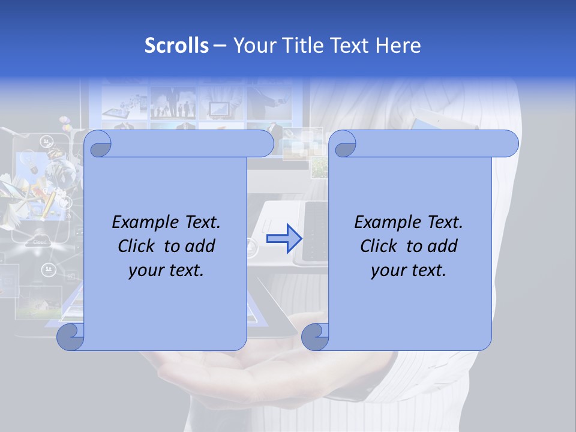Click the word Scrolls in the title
(176, 46)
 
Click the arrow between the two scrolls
(284, 239)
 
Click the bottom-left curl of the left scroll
(71, 337)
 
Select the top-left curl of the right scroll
(344, 145)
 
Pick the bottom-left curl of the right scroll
(315, 337)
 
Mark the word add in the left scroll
(200, 246)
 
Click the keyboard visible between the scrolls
(315, 231)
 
